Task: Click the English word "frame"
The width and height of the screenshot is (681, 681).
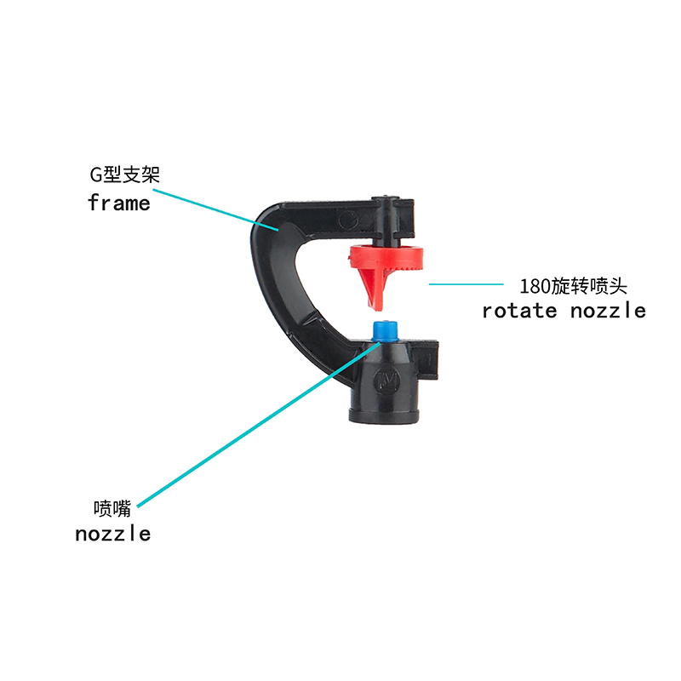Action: tap(119, 203)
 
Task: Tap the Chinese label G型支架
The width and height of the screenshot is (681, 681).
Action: tap(124, 175)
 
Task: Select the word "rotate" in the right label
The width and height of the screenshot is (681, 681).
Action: tap(519, 311)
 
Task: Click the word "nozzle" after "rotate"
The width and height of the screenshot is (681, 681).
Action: tap(608, 311)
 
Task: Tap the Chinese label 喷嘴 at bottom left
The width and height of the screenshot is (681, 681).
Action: tap(112, 508)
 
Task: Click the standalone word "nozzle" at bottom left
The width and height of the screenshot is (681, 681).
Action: tap(113, 534)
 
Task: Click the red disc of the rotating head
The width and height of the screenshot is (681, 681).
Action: tap(386, 257)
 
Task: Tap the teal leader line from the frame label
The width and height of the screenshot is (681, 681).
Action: tap(216, 209)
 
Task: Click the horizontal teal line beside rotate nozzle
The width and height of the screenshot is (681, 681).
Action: tap(466, 284)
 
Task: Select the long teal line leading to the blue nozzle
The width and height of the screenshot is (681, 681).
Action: tap(259, 424)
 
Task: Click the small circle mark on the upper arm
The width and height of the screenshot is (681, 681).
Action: tap(348, 220)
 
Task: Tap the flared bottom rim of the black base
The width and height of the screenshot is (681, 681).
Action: tap(385, 415)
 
